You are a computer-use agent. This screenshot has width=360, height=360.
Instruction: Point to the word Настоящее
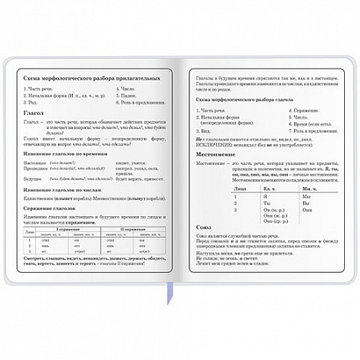pyautogui.click(x=36, y=152)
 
